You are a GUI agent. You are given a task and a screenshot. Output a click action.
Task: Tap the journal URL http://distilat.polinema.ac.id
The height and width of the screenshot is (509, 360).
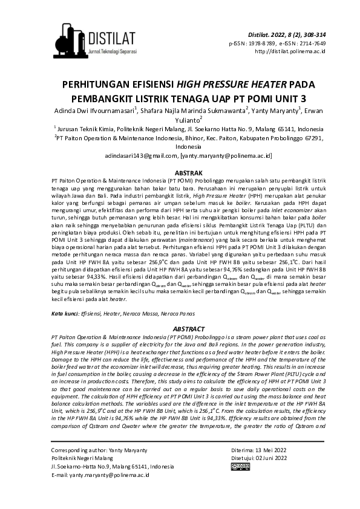click(x=290, y=51)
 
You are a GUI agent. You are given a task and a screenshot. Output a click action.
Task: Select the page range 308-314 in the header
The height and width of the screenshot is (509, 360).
click(x=312, y=35)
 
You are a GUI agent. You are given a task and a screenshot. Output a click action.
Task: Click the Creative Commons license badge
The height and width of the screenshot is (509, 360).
click(x=241, y=484)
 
